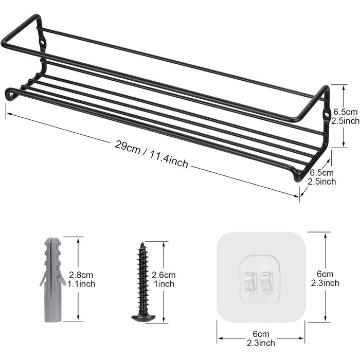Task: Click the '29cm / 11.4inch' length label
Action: pyautogui.click(x=152, y=154)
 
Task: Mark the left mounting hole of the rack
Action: pyautogui.click(x=40, y=41)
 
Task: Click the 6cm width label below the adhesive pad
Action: pyautogui.click(x=260, y=334)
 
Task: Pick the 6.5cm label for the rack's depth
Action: pyautogui.click(x=321, y=173)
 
